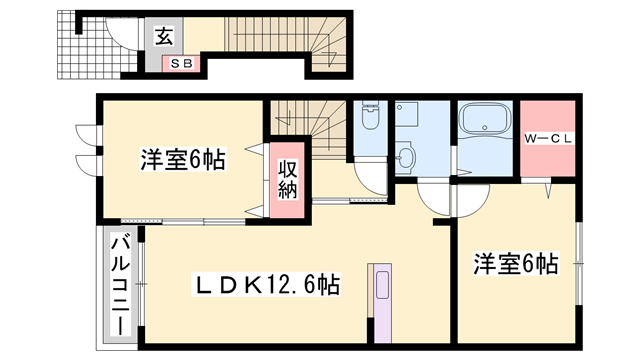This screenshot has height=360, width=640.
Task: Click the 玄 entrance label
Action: pos(163,39)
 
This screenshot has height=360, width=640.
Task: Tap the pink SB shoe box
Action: pos(183,64)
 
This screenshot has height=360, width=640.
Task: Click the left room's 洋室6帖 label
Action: pos(181,159)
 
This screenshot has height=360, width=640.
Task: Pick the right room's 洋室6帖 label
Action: pos(514,264)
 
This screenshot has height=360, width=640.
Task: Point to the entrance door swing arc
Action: pos(120,39)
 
